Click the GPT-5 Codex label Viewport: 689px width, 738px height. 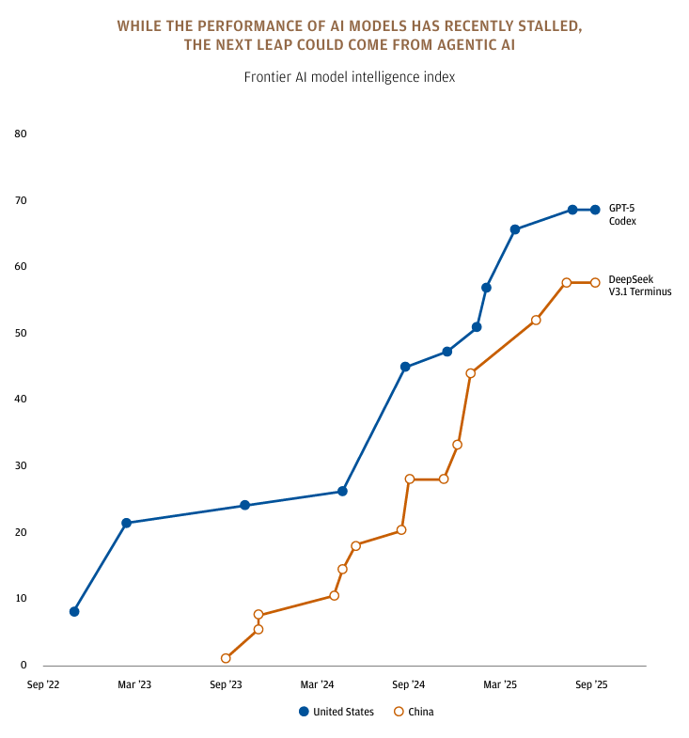tap(622, 214)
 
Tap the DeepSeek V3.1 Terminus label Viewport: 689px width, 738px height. tap(639, 285)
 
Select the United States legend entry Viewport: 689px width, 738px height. tap(336, 712)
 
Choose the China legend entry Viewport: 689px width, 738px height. tap(413, 712)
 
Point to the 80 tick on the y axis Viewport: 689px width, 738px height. tap(21, 133)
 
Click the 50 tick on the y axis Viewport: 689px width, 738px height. tap(21, 333)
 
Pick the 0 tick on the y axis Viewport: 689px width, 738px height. tap(23, 665)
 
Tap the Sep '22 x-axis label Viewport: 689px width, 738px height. tap(43, 684)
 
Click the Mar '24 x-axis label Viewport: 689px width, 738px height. tap(318, 684)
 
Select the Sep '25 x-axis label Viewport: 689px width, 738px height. tap(591, 684)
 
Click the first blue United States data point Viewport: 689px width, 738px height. tap(74, 611)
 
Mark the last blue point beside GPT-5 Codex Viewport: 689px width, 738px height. tap(595, 210)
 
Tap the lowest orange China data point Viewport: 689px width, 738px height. tap(226, 658)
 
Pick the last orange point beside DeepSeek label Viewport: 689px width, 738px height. tap(595, 282)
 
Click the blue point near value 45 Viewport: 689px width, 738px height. tap(405, 367)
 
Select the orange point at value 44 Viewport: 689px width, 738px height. tap(471, 373)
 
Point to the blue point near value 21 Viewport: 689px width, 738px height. tap(126, 523)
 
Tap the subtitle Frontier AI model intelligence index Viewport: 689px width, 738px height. tap(350, 77)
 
